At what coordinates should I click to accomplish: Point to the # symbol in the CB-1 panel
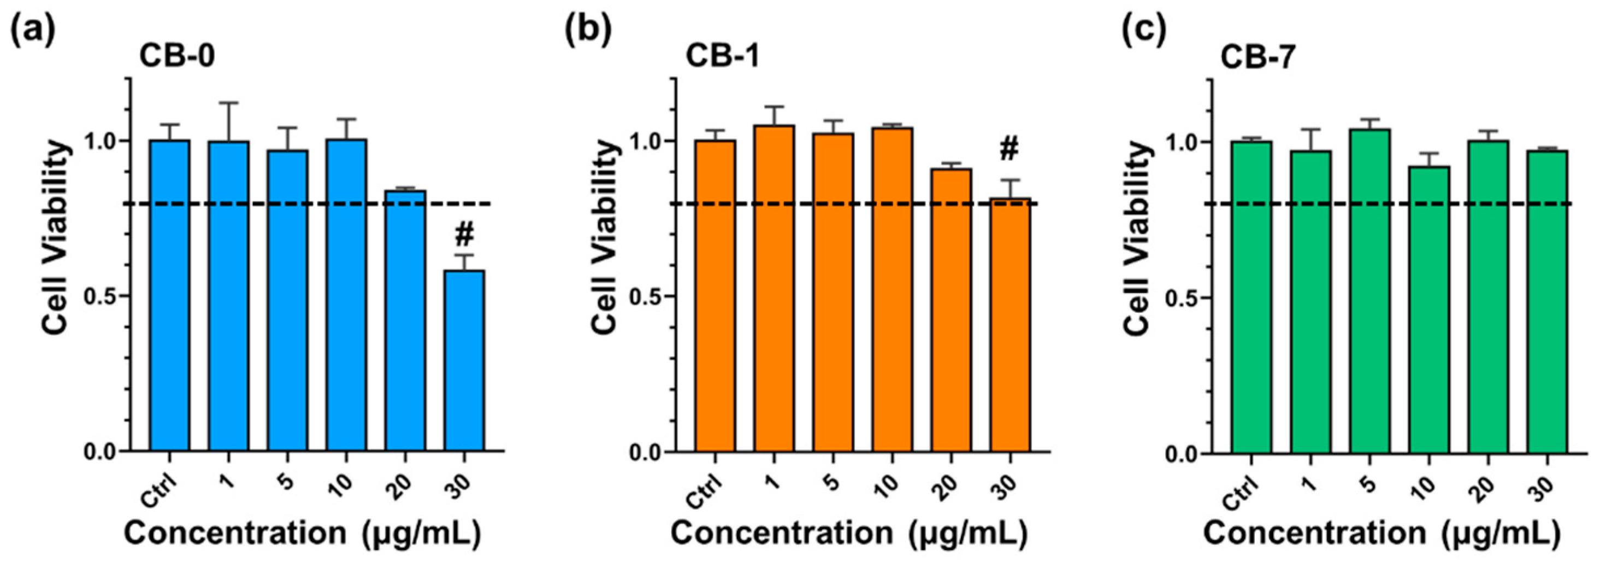(x=1009, y=149)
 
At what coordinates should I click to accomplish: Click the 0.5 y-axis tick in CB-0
(x=100, y=296)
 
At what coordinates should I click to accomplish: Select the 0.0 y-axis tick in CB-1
(x=645, y=452)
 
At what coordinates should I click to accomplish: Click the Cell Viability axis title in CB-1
(x=604, y=236)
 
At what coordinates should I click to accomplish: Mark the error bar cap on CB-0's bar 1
(x=228, y=103)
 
